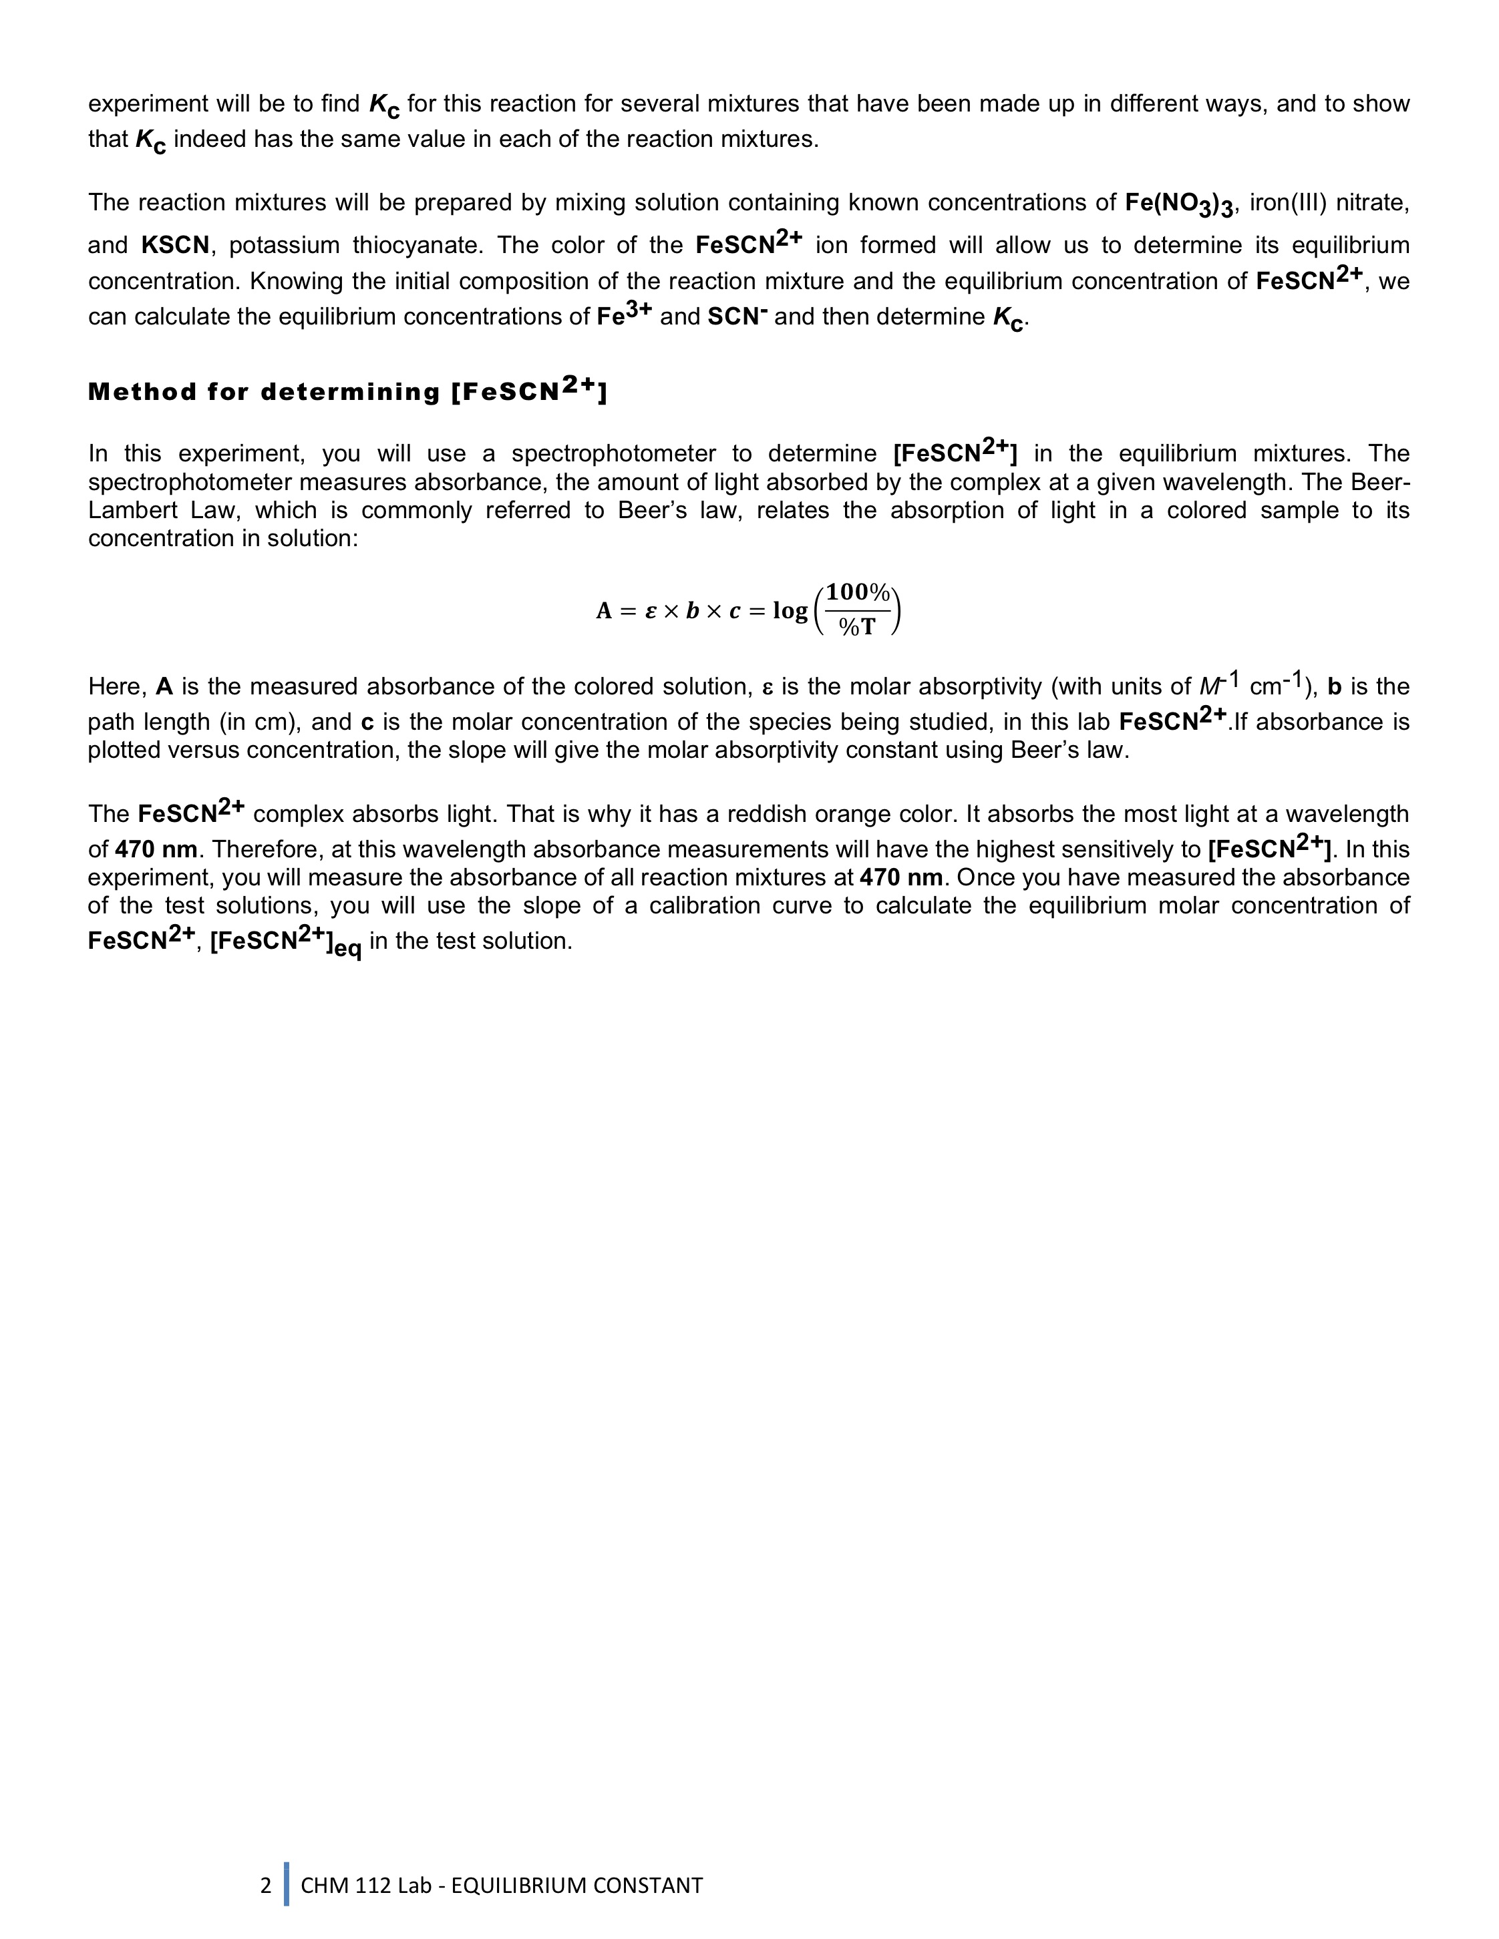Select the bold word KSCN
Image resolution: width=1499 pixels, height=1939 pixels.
(x=174, y=245)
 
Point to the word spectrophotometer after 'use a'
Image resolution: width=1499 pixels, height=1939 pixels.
(x=613, y=453)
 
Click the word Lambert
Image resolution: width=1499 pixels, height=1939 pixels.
(x=130, y=511)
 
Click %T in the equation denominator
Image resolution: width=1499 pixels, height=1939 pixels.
(x=857, y=627)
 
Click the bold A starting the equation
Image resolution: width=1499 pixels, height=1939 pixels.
(x=604, y=611)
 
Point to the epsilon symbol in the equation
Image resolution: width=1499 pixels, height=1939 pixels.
(x=650, y=611)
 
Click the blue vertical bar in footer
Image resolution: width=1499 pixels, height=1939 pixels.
(x=286, y=1885)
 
